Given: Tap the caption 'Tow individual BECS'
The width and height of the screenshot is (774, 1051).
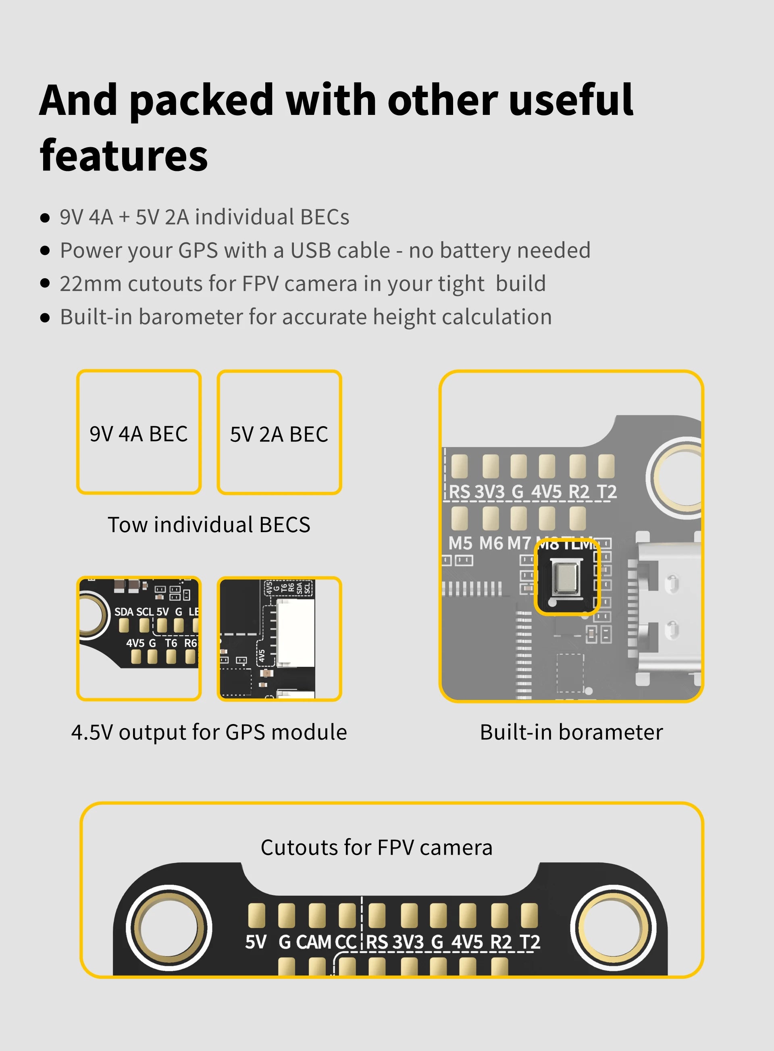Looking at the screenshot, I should pyautogui.click(x=209, y=525).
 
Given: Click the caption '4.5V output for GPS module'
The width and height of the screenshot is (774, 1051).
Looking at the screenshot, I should pyautogui.click(x=209, y=732).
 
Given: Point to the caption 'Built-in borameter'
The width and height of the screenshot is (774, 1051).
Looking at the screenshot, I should pyautogui.click(x=571, y=732).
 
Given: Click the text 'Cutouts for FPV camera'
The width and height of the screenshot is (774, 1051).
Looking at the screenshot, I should pyautogui.click(x=376, y=847).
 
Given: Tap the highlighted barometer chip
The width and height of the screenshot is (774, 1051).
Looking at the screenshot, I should pyautogui.click(x=566, y=577).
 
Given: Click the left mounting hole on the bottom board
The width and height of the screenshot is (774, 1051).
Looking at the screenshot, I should pyautogui.click(x=170, y=927).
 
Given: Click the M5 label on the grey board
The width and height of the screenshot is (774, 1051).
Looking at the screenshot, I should pyautogui.click(x=460, y=543).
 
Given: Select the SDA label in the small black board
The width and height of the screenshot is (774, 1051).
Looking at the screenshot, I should pyautogui.click(x=124, y=612).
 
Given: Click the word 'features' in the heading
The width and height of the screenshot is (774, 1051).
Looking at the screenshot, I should pyautogui.click(x=124, y=156).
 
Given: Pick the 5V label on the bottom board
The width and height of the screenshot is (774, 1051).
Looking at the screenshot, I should pyautogui.click(x=256, y=942).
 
